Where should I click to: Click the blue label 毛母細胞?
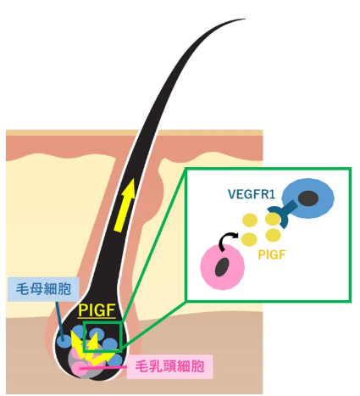[43, 289]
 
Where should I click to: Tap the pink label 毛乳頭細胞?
[169, 366]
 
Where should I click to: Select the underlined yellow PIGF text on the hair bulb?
[97, 310]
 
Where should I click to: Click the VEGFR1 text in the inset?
[252, 194]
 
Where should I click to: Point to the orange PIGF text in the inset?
[272, 254]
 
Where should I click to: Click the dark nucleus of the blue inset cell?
[308, 198]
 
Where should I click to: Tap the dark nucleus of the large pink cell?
[222, 267]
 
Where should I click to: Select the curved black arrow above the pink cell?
[228, 241]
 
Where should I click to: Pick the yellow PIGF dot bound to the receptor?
[273, 220]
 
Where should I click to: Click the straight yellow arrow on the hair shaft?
[125, 206]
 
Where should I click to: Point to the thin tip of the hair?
[245, 19]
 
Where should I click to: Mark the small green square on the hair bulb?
[102, 337]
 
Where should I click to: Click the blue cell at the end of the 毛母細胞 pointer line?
[64, 341]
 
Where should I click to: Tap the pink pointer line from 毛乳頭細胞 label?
[103, 368]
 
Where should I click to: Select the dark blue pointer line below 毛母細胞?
[59, 319]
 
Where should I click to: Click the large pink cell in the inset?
[223, 267]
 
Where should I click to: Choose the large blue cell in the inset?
[308, 198]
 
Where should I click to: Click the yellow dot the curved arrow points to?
[249, 239]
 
